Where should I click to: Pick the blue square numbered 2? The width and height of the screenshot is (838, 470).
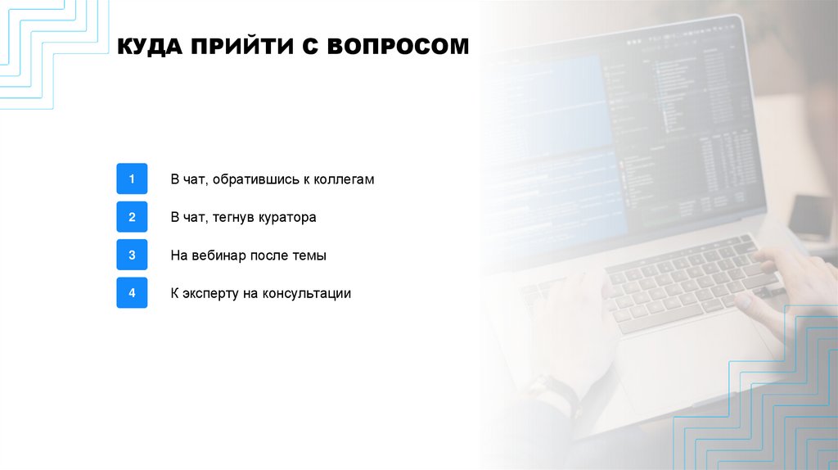click(x=132, y=217)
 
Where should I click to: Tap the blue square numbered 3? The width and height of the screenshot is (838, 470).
click(x=132, y=255)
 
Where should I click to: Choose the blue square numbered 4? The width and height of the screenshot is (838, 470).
click(x=132, y=293)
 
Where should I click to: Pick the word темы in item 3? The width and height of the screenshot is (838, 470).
click(x=309, y=255)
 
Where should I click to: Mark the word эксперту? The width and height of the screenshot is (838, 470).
click(x=209, y=293)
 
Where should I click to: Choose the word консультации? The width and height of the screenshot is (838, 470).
click(x=307, y=293)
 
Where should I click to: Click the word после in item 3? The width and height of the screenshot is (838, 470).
click(x=271, y=255)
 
